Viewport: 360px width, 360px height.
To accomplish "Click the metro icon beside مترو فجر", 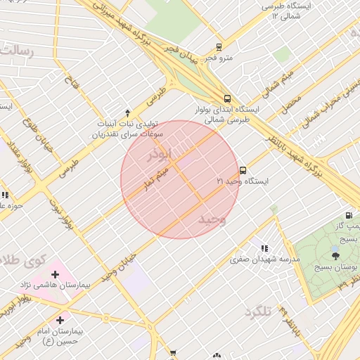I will tap(219, 48).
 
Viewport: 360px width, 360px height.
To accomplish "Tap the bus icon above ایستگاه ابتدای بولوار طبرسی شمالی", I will tap(227, 99).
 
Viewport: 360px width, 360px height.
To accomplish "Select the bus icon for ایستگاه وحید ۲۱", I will tap(243, 170).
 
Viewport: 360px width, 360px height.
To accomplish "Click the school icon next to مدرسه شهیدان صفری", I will tap(264, 248).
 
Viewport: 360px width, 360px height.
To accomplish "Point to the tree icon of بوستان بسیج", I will tap(334, 256).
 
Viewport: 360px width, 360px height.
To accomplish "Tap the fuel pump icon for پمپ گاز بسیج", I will tap(349, 215).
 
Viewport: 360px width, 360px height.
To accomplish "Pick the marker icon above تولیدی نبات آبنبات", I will tap(127, 112).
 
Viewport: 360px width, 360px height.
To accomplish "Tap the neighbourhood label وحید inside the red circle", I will tap(212, 219).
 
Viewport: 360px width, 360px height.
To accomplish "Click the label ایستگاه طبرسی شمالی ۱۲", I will tap(289, 11).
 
